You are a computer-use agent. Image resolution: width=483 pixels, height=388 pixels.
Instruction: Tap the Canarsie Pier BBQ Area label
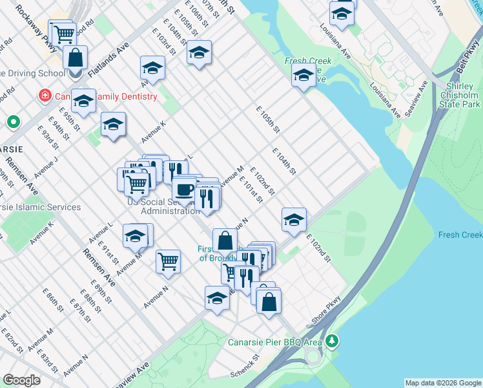click(274, 342)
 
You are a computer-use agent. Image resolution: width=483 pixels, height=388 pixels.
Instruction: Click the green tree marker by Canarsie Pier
click(332, 340)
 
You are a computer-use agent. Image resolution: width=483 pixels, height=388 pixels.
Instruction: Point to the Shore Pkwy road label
click(327, 310)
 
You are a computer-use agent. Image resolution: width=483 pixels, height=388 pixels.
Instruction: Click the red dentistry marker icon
click(45, 97)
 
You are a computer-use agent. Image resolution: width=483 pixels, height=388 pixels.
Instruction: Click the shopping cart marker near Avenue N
click(168, 261)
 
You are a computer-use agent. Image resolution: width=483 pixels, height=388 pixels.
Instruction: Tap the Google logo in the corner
click(21, 380)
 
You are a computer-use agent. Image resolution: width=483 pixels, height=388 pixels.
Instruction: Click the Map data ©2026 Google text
click(442, 383)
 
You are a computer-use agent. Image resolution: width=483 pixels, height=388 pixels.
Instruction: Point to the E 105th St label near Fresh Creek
click(267, 120)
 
